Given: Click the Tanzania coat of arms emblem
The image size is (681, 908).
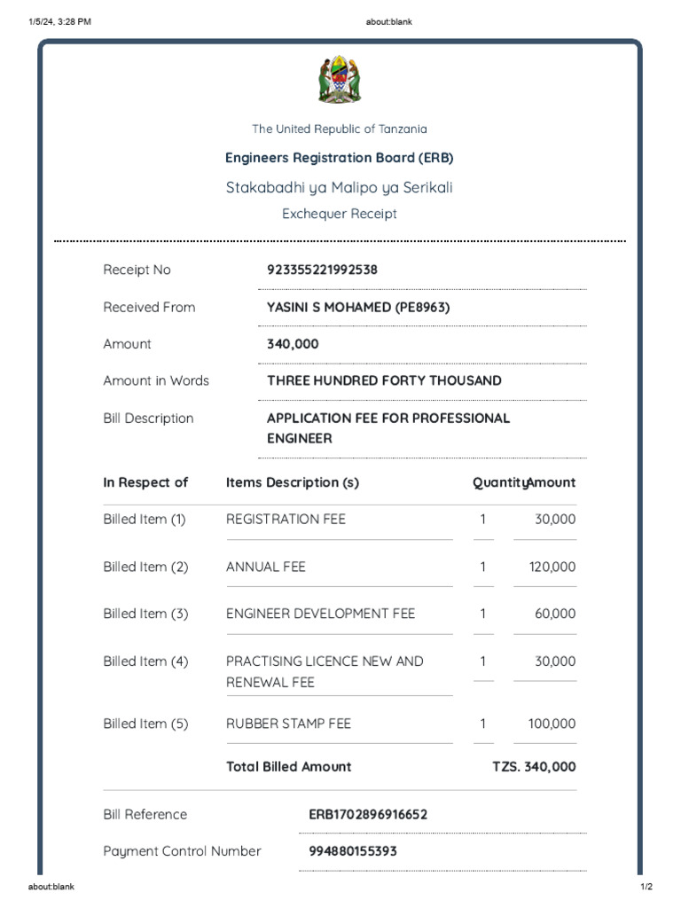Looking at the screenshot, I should click(340, 80).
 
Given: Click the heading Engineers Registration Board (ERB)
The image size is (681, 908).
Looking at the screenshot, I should click(340, 158).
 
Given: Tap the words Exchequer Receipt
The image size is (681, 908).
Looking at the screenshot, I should click(340, 214).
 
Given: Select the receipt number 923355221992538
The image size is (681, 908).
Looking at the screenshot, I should click(322, 270).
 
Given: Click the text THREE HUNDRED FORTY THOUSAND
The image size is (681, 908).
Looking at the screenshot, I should click(384, 380).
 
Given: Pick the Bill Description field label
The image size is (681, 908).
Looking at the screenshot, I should click(148, 419).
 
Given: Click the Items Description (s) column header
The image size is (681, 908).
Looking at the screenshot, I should click(293, 482).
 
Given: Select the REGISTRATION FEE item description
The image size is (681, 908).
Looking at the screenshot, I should click(286, 519).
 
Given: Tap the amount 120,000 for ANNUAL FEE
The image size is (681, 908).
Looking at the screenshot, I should click(552, 567).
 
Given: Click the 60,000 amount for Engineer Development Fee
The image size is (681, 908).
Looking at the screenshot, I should click(555, 614).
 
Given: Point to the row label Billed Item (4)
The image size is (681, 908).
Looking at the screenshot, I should click(145, 661).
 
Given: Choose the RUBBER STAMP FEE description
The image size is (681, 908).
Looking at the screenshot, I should click(288, 724).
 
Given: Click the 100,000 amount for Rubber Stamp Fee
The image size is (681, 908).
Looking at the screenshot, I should click(552, 724).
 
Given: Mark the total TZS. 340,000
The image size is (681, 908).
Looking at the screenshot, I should click(534, 767).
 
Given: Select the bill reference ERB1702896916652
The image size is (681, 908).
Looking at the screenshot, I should click(368, 814).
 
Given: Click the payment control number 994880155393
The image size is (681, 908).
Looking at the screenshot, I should click(353, 851).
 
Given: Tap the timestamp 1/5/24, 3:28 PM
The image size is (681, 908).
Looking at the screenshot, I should click(59, 22).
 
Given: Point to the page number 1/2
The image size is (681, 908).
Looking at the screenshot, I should click(646, 887).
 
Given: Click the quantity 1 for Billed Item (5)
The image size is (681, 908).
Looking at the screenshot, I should click(482, 724).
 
